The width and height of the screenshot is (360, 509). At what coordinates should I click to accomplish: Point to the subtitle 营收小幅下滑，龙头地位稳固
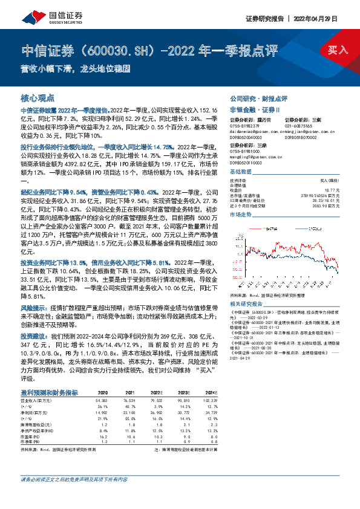(x=76, y=68)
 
